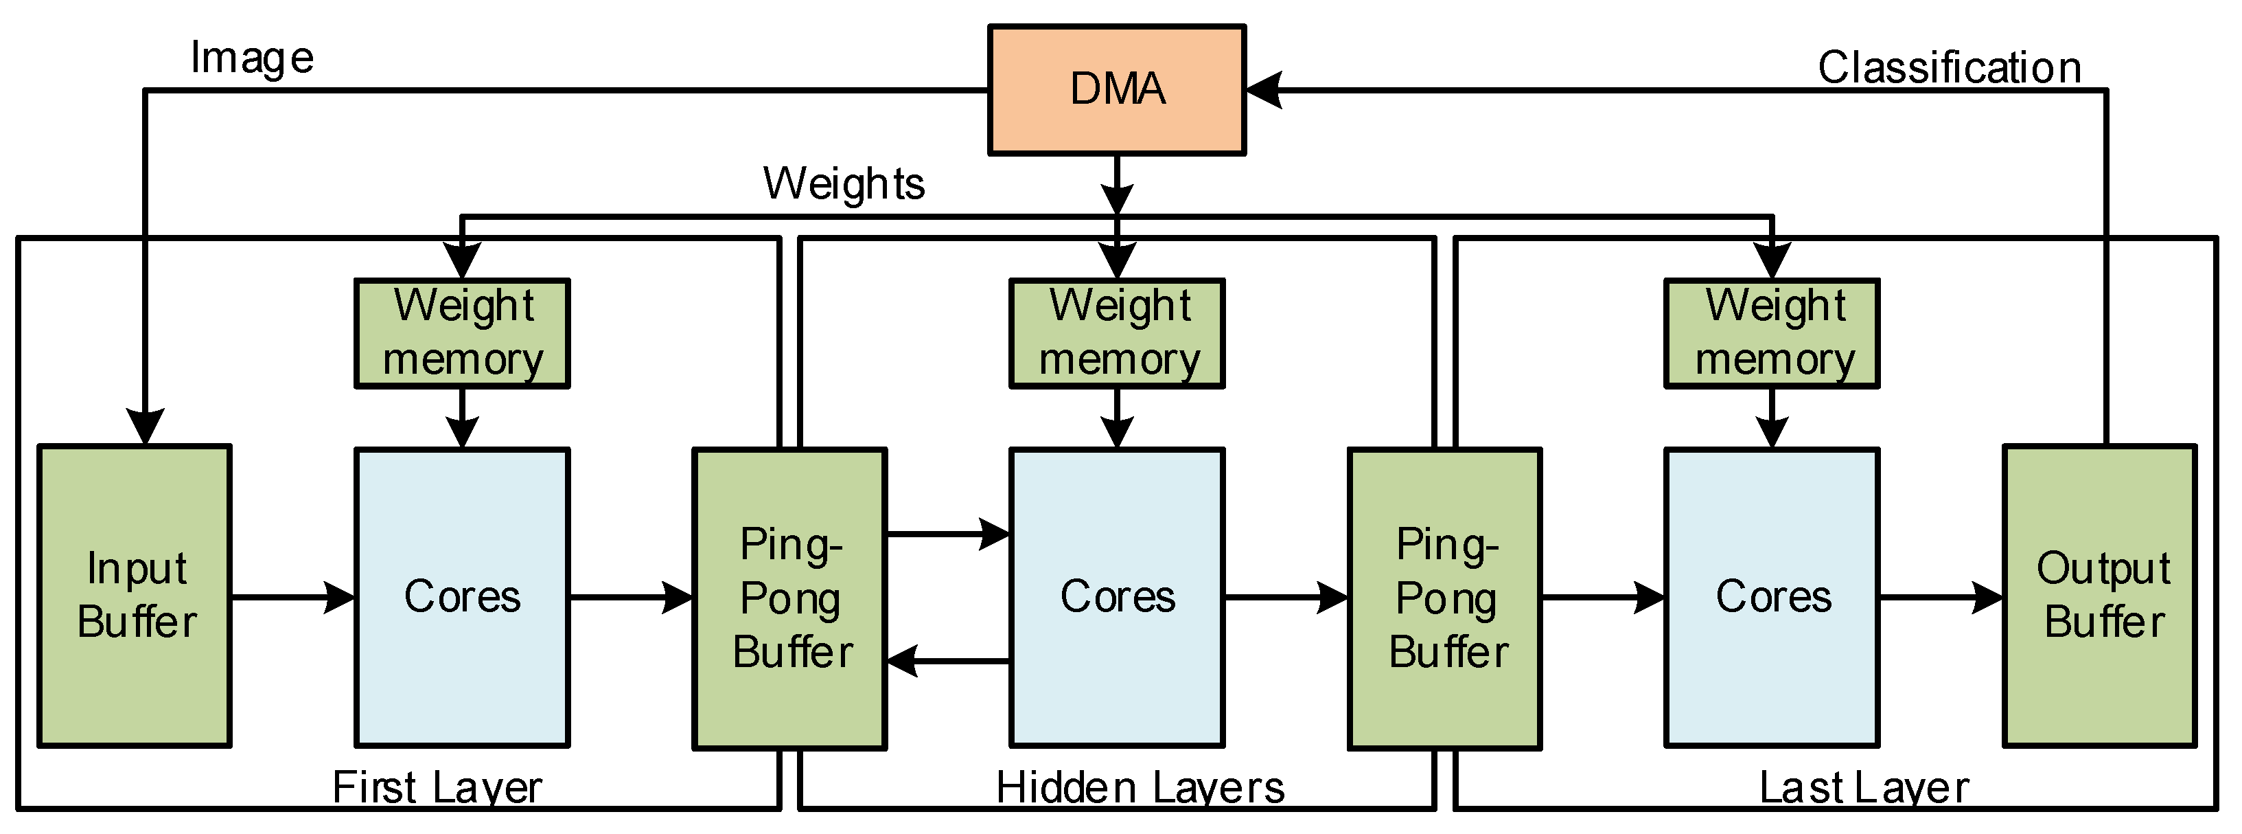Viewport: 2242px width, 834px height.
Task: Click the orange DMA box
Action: (1117, 90)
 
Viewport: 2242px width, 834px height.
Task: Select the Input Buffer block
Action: (135, 596)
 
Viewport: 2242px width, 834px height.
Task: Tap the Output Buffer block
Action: (2099, 596)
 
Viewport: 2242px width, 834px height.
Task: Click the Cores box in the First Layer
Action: (462, 597)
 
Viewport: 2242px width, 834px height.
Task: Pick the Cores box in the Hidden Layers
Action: (1117, 597)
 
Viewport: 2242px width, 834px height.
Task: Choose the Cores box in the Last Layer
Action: (1772, 597)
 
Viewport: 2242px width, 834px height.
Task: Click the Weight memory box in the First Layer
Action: (462, 333)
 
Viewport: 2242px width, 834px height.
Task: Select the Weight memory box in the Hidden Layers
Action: (1117, 333)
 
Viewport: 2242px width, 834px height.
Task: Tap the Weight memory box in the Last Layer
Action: (1772, 333)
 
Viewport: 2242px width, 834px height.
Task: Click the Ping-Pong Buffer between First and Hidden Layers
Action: (789, 598)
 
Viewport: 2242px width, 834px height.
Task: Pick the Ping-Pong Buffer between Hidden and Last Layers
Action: (1445, 598)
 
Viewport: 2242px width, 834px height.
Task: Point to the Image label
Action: (251, 59)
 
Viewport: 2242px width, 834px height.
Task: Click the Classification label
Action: (1949, 67)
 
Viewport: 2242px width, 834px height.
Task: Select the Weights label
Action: (844, 183)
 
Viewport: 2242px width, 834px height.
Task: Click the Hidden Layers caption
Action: (1140, 788)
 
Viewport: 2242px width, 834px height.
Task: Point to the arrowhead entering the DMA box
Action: (1264, 90)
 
